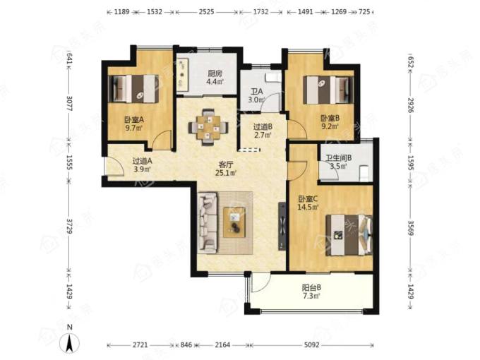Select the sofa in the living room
[x=208, y=223]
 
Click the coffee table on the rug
[x=234, y=222]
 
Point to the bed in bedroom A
[x=134, y=89]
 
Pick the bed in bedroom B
[x=328, y=90]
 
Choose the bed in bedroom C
[x=349, y=235]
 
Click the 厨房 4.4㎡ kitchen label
[x=215, y=78]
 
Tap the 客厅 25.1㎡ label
[x=226, y=169]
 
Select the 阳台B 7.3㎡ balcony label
[x=311, y=292]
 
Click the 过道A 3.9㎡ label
[x=143, y=164]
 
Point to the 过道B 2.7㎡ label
[x=263, y=131]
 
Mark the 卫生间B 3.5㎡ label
[x=338, y=162]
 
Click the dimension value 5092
[x=311, y=345]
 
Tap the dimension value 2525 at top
[x=206, y=12]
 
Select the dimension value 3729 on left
[x=69, y=226]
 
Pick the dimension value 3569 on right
[x=411, y=228]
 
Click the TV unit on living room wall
[x=282, y=226]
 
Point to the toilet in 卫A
[x=272, y=78]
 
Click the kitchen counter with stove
[x=183, y=74]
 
